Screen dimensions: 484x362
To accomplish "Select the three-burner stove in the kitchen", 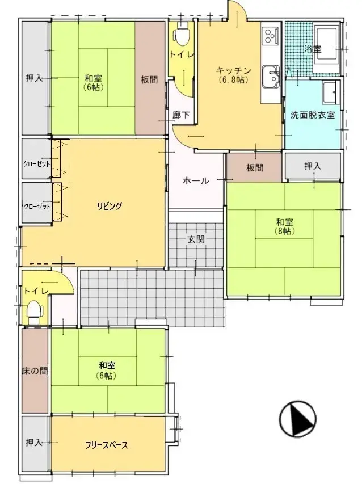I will coord(269,36).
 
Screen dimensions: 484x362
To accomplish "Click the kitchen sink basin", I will coord(270,74).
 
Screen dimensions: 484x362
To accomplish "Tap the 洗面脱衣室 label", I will coord(313,115).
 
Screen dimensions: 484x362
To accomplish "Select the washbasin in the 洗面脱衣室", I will coord(330,90).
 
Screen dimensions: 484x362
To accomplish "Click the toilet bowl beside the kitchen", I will coord(182,36).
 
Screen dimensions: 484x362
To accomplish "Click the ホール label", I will coord(196,181).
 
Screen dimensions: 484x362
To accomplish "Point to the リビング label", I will coord(110,206).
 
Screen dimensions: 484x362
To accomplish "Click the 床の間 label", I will coord(36,371).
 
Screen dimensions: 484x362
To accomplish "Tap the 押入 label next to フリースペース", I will coord(35,442).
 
